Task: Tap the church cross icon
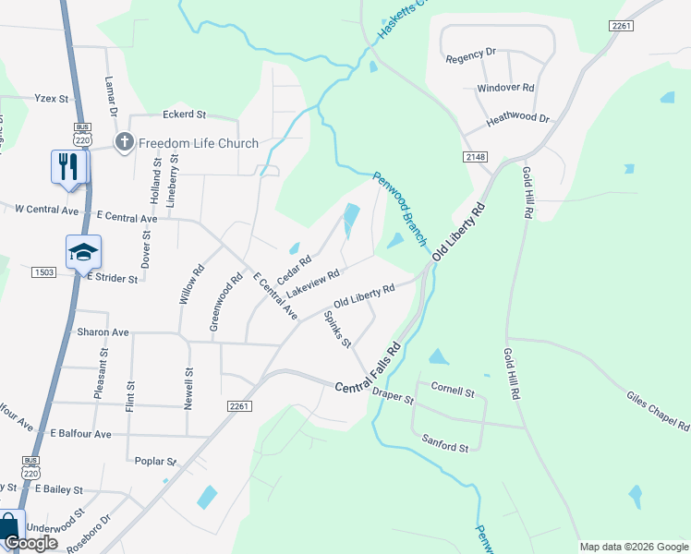(124, 142)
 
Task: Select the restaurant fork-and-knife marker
(69, 167)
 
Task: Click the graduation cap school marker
(83, 252)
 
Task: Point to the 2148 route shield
(476, 158)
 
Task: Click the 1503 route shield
(43, 271)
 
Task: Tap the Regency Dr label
(471, 56)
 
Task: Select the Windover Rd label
(505, 88)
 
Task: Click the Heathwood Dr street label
(518, 119)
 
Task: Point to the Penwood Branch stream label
(400, 210)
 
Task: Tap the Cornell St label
(452, 392)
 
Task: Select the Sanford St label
(445, 447)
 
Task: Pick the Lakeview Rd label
(313, 283)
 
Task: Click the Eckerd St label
(184, 115)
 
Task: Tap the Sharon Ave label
(103, 331)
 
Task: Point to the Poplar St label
(155, 461)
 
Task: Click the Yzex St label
(52, 98)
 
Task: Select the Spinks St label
(337, 330)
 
